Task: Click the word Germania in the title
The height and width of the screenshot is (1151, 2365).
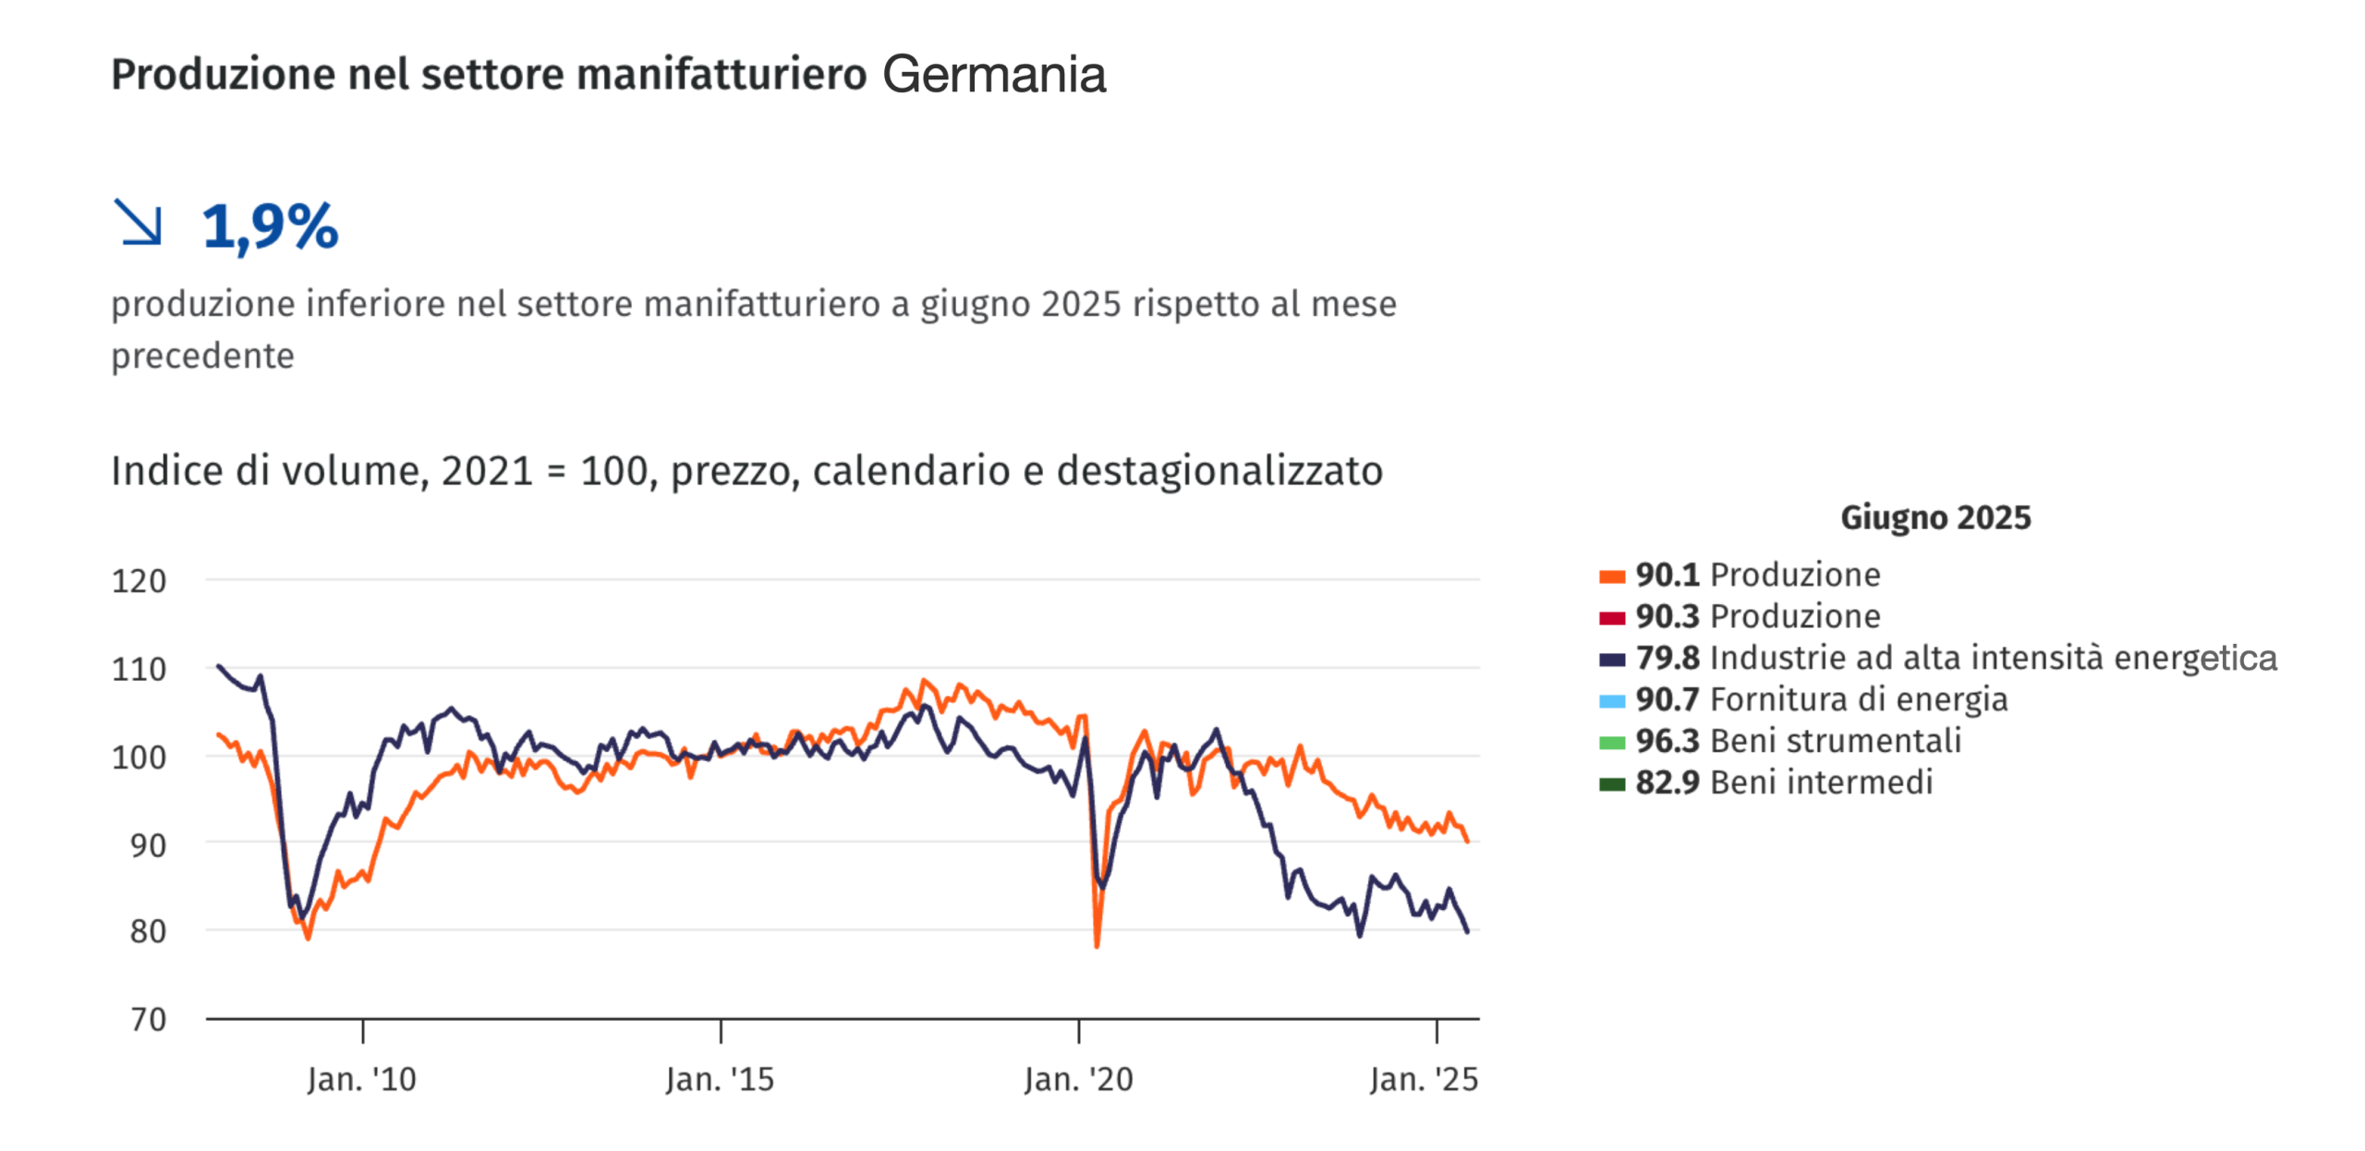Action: click(x=993, y=75)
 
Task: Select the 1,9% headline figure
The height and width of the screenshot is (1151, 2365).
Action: click(x=270, y=226)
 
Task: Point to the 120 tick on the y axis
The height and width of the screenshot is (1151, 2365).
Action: click(x=139, y=581)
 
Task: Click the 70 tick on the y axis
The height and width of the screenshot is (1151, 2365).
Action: click(x=148, y=1019)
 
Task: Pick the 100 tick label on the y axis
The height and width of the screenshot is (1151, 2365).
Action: click(x=139, y=757)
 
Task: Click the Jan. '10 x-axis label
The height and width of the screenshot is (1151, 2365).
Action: click(x=361, y=1079)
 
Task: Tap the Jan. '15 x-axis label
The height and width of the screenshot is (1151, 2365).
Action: click(x=720, y=1079)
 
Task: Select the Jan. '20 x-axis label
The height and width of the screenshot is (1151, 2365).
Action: click(x=1078, y=1079)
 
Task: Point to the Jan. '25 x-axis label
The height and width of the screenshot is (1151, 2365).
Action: click(x=1424, y=1079)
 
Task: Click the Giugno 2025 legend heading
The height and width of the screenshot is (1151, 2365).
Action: click(x=1935, y=517)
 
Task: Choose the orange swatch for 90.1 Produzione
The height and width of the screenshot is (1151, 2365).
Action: click(x=1612, y=576)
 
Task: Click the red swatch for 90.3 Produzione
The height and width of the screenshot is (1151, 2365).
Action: click(x=1612, y=617)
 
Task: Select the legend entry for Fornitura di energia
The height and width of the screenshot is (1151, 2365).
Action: click(x=1858, y=699)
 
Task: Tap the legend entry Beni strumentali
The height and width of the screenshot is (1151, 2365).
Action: click(x=1835, y=741)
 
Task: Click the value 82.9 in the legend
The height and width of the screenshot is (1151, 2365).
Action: click(x=1668, y=782)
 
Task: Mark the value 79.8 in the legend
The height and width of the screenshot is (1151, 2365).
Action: click(x=1668, y=658)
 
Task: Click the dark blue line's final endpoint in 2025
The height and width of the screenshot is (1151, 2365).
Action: click(x=1467, y=931)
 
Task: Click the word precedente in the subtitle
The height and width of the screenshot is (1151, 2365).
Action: click(x=202, y=356)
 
